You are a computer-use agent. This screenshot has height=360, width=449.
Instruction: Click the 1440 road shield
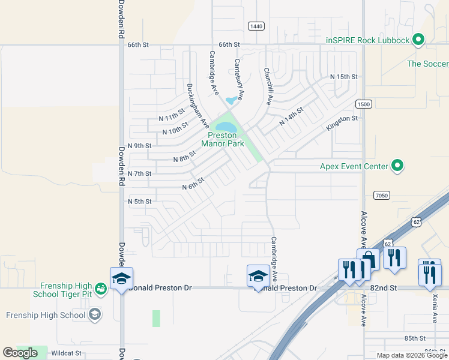[256, 26]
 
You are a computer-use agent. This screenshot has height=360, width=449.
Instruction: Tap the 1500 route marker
[364, 104]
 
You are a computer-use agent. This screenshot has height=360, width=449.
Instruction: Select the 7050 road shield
[381, 195]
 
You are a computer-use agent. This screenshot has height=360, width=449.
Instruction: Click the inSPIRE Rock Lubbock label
[367, 40]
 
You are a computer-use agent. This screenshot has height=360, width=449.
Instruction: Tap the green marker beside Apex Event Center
[397, 166]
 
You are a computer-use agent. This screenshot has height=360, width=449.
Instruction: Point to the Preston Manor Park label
[223, 139]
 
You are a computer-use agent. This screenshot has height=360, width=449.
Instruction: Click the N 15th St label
[344, 77]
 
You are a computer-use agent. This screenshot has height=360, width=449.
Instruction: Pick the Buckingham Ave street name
[197, 106]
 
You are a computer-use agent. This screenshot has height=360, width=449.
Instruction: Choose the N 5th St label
[140, 202]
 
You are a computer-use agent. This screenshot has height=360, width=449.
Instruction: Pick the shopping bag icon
[368, 260]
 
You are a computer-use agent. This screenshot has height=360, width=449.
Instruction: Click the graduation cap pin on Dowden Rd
[121, 278]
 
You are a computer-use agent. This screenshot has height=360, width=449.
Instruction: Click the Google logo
[20, 353]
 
